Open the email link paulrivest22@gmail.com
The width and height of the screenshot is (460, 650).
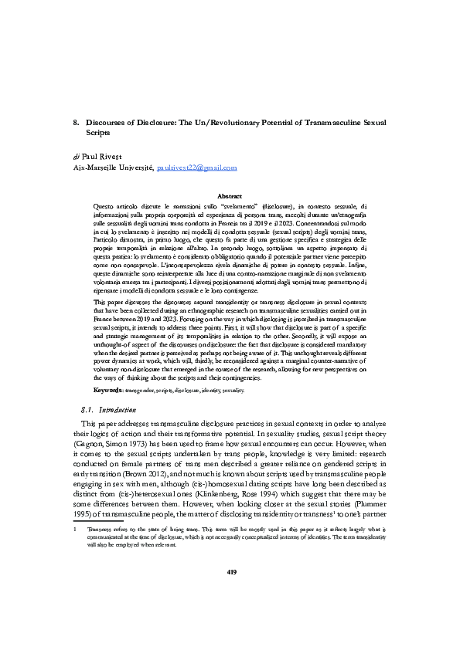[x=196, y=167]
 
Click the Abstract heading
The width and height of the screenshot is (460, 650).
[x=230, y=197]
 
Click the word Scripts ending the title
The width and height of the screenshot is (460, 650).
[x=98, y=133]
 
